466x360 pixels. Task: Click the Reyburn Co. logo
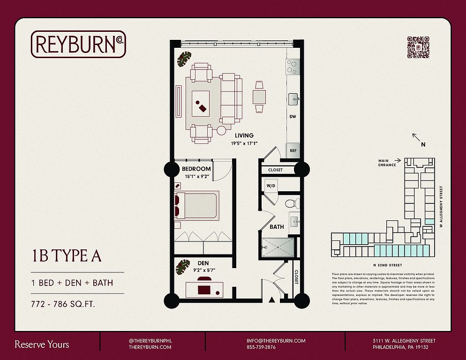(x=78, y=44)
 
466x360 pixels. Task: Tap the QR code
(x=418, y=47)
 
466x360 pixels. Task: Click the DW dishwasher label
(x=293, y=116)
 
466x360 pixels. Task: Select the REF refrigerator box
(x=293, y=150)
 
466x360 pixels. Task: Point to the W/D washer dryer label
(x=271, y=186)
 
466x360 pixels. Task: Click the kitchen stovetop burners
(x=293, y=67)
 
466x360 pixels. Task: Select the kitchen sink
(x=293, y=98)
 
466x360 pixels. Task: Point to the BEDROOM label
(x=196, y=169)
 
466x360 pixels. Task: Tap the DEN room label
(x=203, y=263)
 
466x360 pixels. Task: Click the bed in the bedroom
(x=196, y=205)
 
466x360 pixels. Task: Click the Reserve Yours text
(x=42, y=345)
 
